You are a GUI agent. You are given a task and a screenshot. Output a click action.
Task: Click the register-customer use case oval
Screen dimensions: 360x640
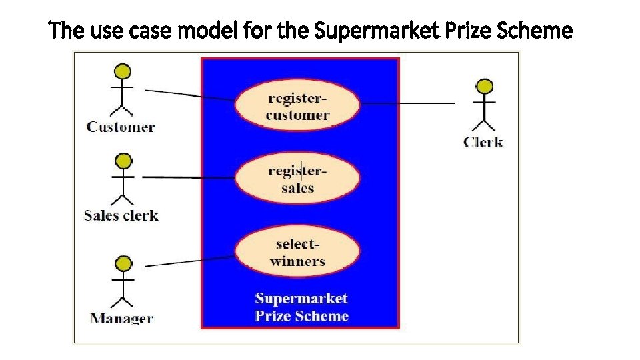coord(297,106)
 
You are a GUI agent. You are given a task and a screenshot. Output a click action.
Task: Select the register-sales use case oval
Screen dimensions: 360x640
coord(297,178)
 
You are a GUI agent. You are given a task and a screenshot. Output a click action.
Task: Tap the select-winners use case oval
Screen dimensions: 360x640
coord(297,251)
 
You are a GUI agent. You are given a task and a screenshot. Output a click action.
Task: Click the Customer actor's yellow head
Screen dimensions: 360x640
coord(122,71)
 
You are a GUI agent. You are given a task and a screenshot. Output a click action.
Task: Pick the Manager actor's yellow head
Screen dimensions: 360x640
coord(121,264)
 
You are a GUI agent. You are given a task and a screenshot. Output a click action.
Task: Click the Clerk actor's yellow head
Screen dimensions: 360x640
coord(485,86)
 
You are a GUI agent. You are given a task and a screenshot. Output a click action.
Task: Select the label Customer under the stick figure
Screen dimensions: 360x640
coord(121,127)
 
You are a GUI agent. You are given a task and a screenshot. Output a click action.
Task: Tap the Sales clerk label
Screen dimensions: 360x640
coord(121,215)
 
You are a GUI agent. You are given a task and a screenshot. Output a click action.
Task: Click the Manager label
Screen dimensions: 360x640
coord(121,318)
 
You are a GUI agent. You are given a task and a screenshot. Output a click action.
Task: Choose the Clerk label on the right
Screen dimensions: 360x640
coord(483,142)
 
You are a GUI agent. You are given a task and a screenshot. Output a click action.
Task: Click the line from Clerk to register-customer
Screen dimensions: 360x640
coord(407,103)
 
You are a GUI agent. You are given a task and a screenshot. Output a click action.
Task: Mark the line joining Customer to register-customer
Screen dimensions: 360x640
coord(190,95)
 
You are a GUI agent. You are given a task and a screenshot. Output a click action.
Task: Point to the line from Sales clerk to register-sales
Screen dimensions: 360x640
coord(190,177)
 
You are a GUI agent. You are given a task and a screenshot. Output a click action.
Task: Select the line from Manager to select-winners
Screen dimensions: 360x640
coord(190,261)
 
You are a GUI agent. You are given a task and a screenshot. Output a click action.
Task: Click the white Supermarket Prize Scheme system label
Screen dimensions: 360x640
coord(301,307)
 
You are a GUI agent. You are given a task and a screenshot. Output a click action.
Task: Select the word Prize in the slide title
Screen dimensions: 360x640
coord(473,31)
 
